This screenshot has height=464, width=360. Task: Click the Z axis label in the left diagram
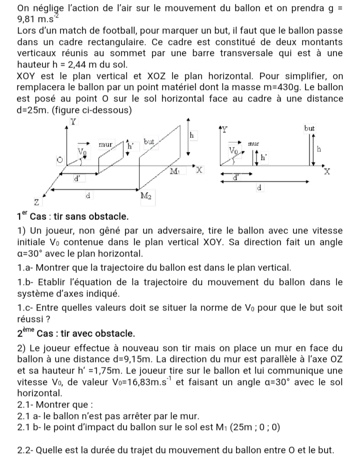36,201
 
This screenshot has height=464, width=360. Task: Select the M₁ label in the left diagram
175,171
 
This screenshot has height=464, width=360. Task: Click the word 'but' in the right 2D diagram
309,128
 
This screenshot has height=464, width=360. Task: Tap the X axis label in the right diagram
327,171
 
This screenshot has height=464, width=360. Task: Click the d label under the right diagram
258,188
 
